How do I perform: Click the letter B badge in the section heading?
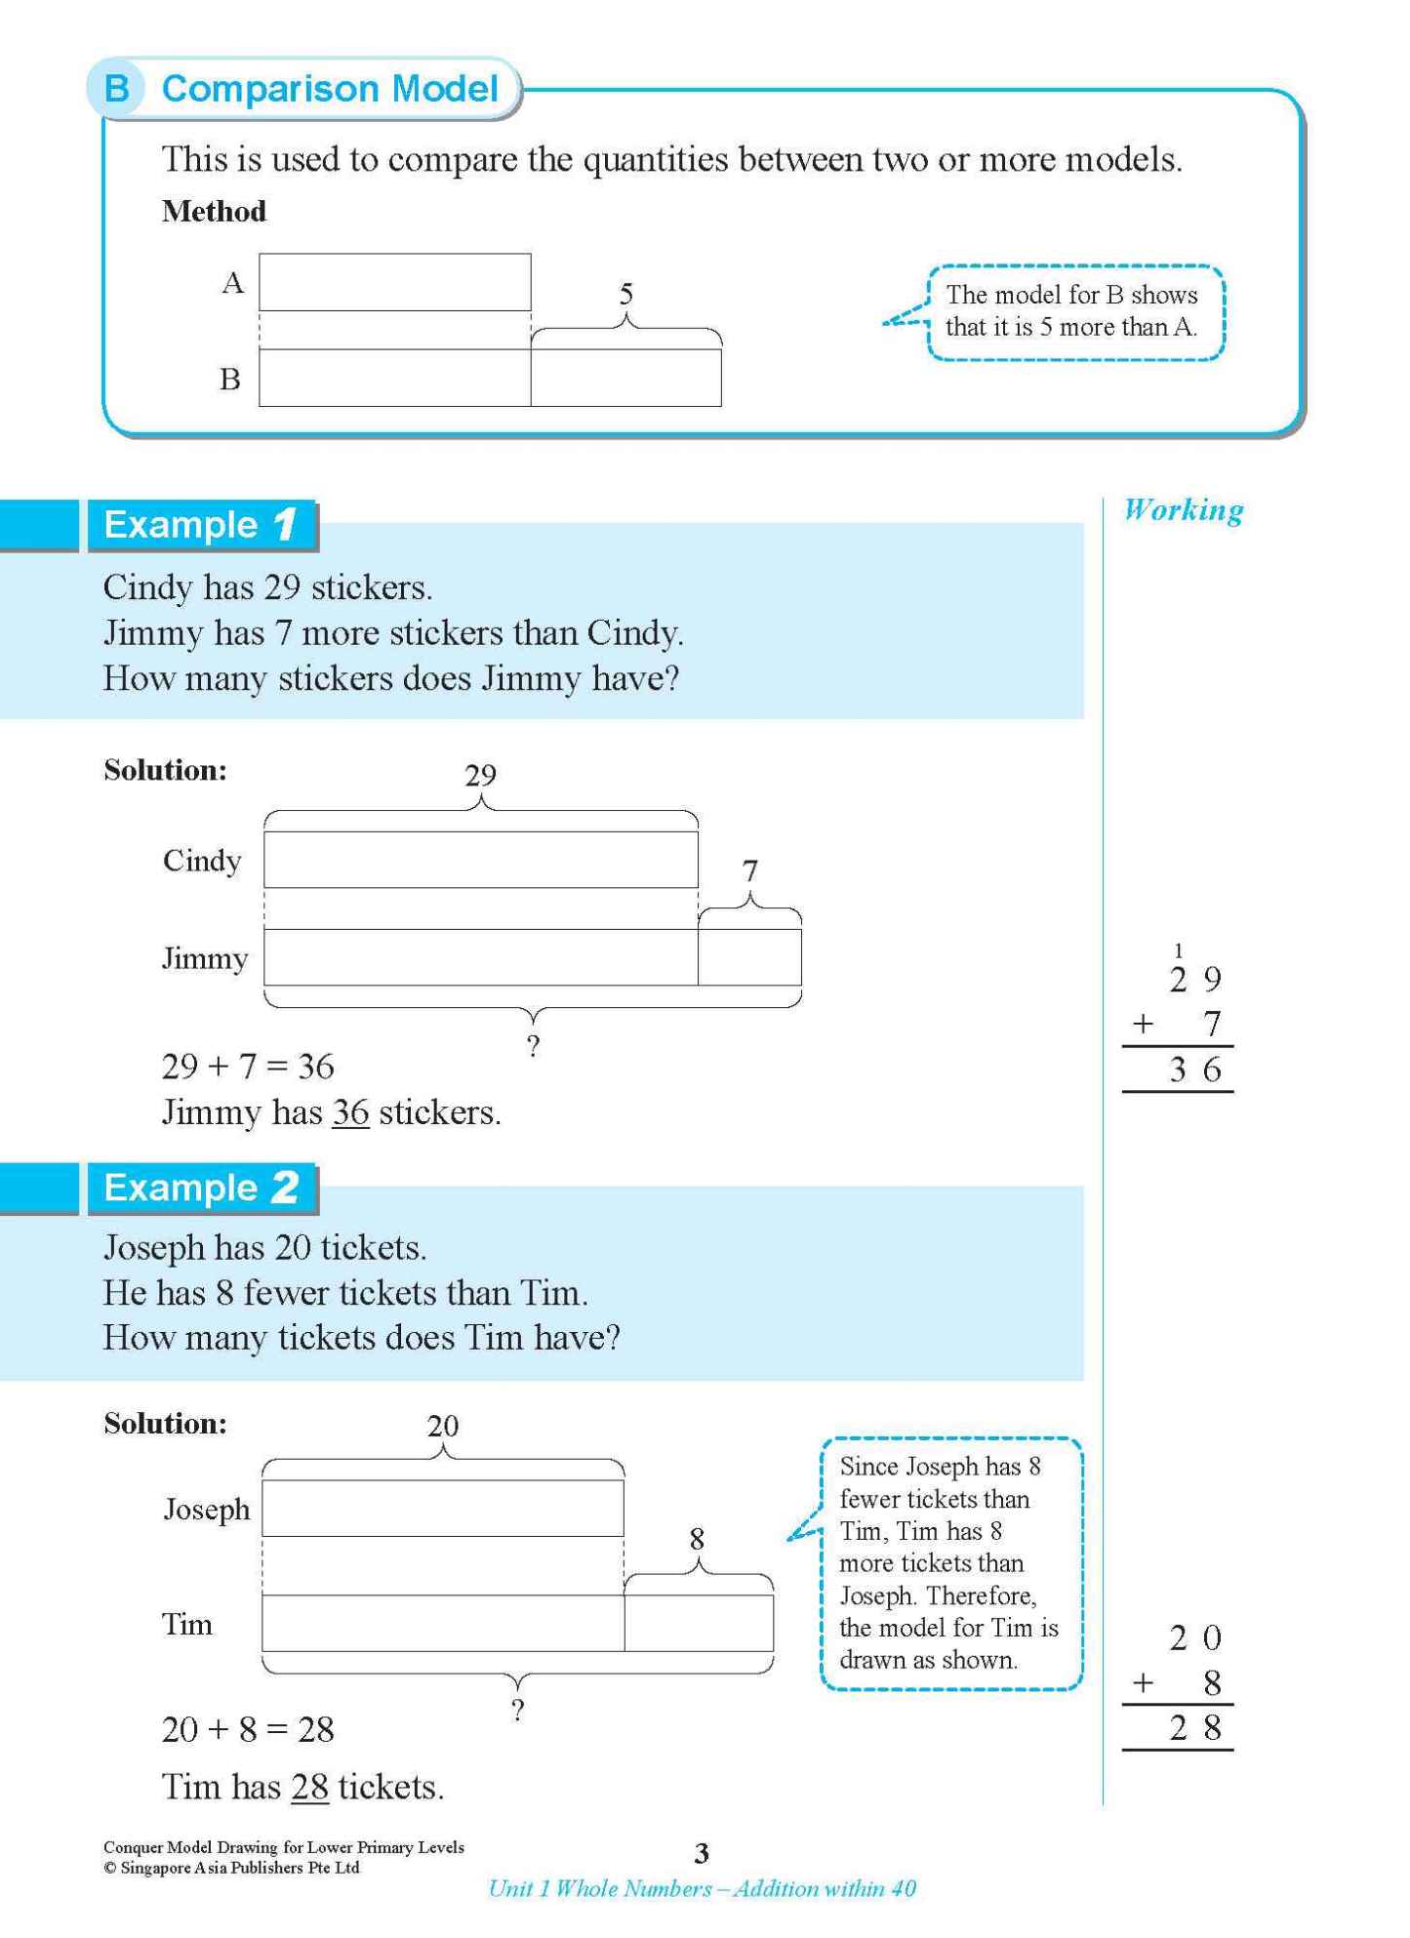[x=117, y=89]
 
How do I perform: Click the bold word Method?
[x=214, y=212]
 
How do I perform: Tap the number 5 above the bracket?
[x=625, y=293]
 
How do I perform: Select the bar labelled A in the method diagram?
[x=394, y=283]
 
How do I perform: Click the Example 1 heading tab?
[x=201, y=525]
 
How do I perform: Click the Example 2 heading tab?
[x=201, y=1188]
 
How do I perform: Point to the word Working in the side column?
[x=1183, y=509]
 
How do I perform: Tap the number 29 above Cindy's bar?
[x=480, y=775]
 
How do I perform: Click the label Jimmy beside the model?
[x=204, y=958]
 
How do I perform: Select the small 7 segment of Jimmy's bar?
[x=749, y=957]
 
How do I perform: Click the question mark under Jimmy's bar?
[x=533, y=1046]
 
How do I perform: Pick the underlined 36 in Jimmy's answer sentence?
[x=350, y=1112]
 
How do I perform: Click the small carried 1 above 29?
[x=1178, y=949]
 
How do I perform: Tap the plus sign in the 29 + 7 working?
[x=1143, y=1024]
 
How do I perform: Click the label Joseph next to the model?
[x=206, y=1510]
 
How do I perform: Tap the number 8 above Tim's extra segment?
[x=697, y=1539]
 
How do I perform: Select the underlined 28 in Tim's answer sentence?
[x=309, y=1787]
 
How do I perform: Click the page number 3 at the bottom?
[x=701, y=1853]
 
